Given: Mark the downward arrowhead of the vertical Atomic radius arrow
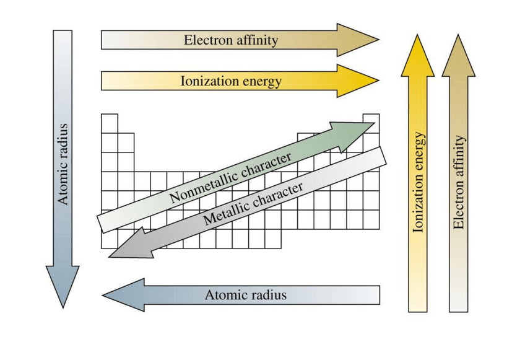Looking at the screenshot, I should click(63, 285).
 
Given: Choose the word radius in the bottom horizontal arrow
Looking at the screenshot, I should click(267, 295).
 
